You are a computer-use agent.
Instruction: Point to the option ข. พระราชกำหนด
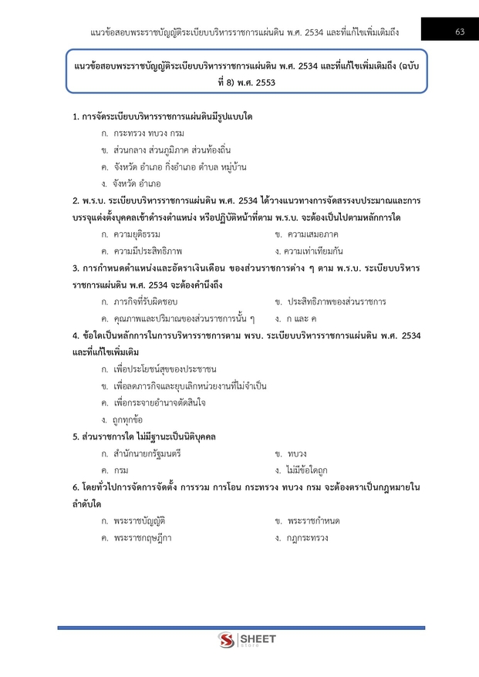307,521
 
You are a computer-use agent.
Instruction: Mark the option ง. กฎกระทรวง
302,538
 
